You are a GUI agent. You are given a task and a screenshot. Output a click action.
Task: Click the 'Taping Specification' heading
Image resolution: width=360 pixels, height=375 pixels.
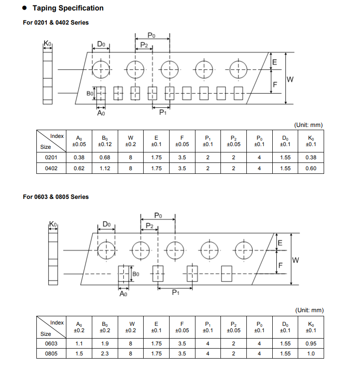(68, 8)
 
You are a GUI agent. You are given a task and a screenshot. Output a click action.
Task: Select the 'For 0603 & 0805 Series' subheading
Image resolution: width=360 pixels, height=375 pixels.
(55, 197)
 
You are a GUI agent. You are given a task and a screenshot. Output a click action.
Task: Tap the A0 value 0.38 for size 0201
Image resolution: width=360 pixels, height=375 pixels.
(79, 157)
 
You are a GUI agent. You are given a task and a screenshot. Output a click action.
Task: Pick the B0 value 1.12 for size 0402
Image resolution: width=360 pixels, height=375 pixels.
(105, 168)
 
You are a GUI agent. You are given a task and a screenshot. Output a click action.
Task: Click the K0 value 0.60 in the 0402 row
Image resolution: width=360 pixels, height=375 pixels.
(311, 168)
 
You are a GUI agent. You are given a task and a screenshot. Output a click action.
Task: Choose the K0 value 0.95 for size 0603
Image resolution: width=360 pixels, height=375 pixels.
(311, 344)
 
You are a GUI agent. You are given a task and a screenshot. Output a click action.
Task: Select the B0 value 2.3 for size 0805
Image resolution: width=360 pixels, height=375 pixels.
(105, 354)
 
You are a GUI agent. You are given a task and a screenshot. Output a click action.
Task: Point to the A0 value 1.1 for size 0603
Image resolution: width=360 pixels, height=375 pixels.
(79, 344)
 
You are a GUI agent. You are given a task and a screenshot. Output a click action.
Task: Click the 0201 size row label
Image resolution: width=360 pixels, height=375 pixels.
(51, 157)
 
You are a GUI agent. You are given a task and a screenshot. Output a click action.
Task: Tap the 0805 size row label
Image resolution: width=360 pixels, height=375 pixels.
(51, 354)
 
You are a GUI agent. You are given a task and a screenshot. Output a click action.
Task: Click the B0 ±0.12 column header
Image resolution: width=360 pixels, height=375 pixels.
(105, 141)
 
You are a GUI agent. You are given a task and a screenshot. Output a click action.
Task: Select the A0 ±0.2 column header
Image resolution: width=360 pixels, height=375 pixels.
(79, 327)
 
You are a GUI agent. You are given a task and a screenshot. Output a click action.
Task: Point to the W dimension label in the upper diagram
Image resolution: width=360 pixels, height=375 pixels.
(290, 79)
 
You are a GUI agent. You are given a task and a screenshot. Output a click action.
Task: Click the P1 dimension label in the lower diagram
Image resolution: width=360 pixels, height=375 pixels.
(175, 293)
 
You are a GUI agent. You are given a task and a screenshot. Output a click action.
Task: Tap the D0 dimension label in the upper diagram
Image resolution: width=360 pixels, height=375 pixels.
(101, 44)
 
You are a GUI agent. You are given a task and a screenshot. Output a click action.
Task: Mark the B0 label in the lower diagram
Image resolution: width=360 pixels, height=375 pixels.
(136, 274)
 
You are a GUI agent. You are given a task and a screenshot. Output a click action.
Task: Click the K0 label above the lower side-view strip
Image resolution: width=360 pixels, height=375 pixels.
(53, 224)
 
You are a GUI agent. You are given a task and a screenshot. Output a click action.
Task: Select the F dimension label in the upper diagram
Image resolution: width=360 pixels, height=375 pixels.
(275, 85)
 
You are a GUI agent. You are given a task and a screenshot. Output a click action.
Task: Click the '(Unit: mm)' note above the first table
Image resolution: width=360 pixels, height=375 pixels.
(308, 125)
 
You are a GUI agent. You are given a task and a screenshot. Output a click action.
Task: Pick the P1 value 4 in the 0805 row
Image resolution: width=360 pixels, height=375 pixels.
(208, 354)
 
